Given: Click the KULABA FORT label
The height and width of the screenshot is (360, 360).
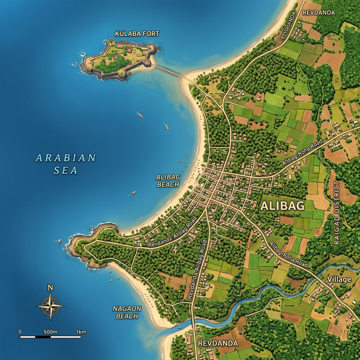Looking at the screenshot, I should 137,34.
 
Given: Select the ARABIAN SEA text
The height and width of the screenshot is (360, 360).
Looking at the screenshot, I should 66,164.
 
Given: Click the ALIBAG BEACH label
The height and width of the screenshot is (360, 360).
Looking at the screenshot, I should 168,181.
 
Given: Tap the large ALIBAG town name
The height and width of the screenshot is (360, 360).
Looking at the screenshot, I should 282,206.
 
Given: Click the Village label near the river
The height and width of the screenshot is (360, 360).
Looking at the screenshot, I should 339,280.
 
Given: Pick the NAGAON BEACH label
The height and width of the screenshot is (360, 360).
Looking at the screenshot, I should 127,312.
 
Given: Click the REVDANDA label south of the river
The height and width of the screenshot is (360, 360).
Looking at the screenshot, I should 217,343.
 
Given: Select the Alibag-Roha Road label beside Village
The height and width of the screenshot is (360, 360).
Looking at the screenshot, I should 288,254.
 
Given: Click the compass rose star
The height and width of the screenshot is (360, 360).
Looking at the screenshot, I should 51,307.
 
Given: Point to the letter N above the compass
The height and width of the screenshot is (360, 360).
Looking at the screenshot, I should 51,288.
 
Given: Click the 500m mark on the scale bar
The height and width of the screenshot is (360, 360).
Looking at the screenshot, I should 51,332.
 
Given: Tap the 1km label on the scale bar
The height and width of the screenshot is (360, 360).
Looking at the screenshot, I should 81,332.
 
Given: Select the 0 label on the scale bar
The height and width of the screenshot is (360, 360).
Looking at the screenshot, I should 20,332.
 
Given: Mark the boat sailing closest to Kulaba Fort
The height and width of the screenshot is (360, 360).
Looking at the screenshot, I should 141,116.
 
